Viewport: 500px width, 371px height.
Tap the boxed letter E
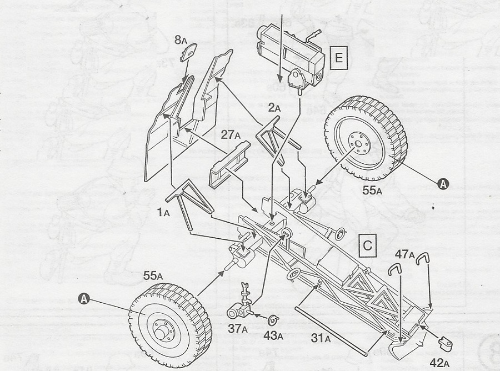pyautogui.click(x=338, y=58)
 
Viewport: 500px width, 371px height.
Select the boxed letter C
pyautogui.click(x=368, y=245)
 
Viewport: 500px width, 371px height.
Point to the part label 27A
pyautogui.click(x=229, y=134)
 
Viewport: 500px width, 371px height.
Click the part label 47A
pyautogui.click(x=406, y=254)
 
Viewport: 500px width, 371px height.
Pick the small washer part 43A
pyautogui.click(x=273, y=320)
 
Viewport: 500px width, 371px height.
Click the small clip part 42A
pyautogui.click(x=443, y=344)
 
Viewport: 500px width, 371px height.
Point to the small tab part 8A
pyautogui.click(x=188, y=54)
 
